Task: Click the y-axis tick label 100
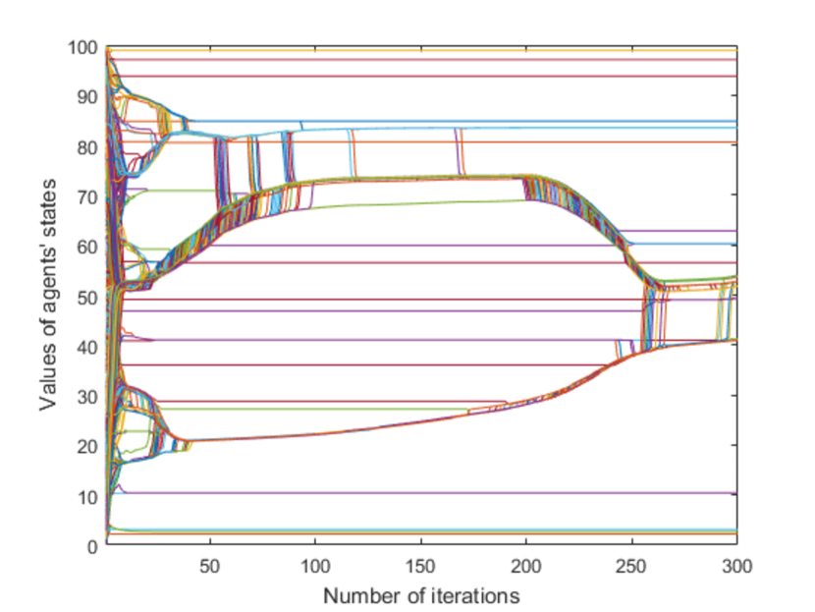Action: (82, 48)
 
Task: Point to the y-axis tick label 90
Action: (87, 97)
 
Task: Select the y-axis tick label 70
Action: (87, 197)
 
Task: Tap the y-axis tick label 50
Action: (87, 298)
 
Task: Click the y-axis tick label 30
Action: (87, 398)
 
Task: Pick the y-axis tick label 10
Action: (87, 498)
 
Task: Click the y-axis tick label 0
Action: (92, 547)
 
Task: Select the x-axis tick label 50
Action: (210, 566)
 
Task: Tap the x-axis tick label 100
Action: (315, 566)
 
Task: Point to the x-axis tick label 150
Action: (420, 566)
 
